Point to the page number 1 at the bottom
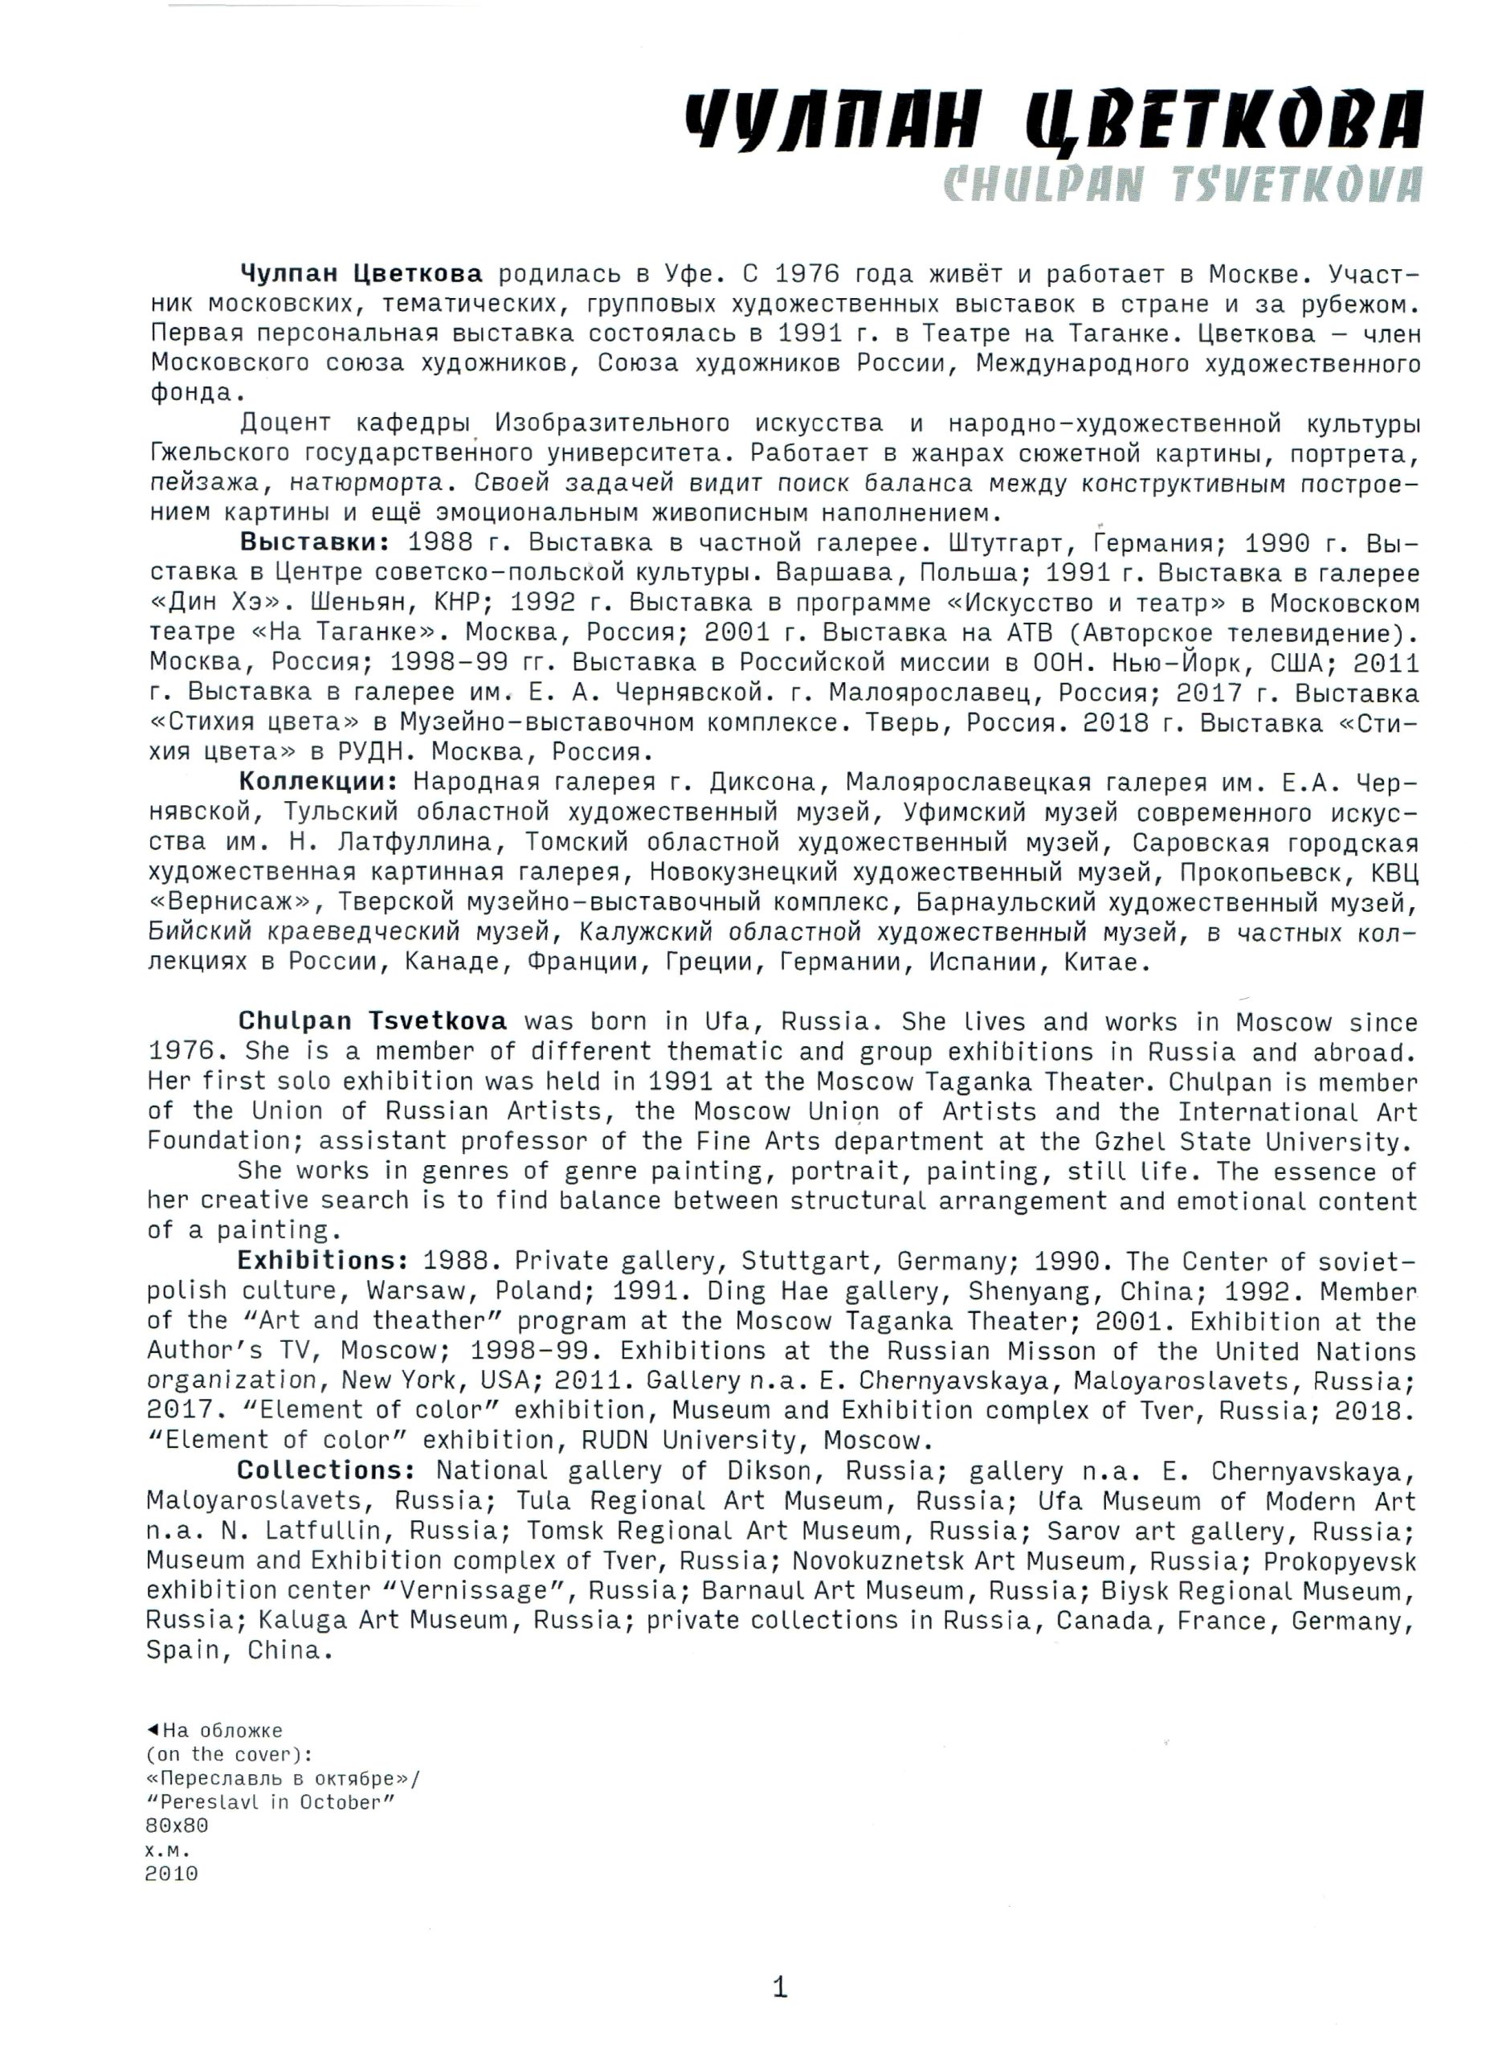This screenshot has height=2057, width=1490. (x=779, y=1987)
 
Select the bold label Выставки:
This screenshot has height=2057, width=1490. (x=314, y=542)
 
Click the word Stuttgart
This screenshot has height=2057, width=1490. (x=809, y=1262)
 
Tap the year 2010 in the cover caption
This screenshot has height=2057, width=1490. (x=171, y=1874)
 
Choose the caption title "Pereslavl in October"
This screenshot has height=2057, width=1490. (x=270, y=1802)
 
